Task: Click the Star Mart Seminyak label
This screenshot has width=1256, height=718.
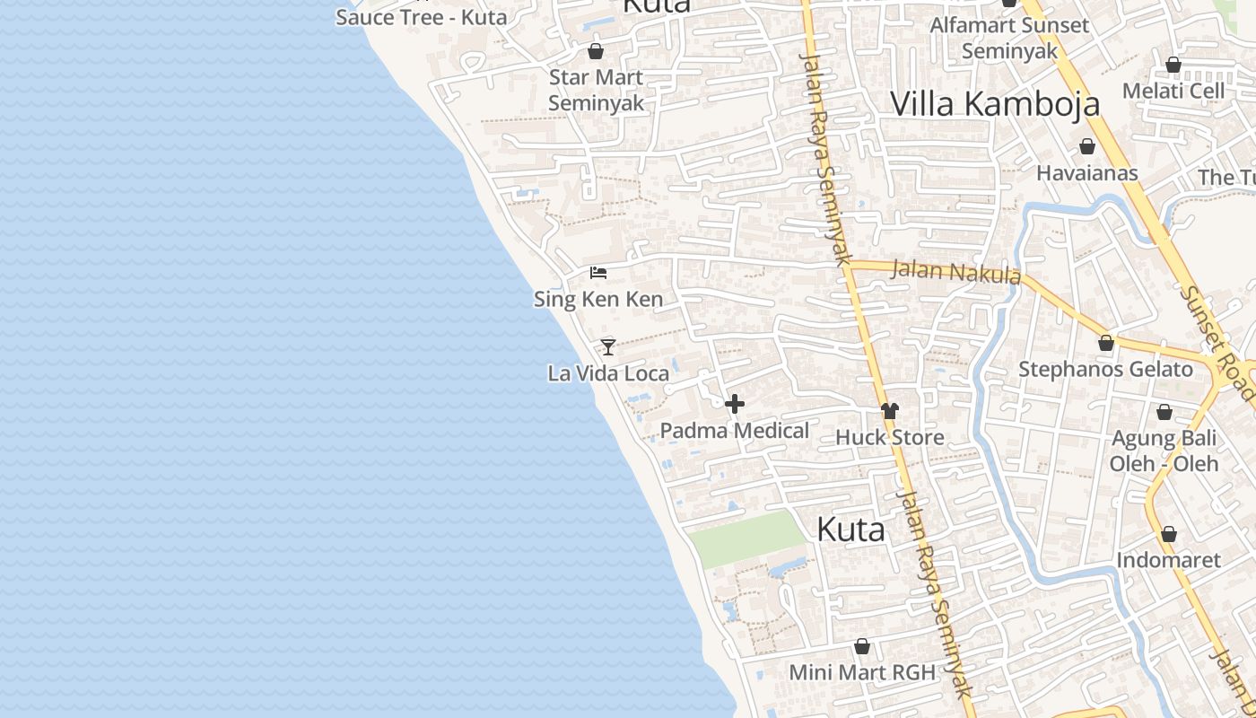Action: [596, 90]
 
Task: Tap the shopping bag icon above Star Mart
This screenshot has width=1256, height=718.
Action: [595, 51]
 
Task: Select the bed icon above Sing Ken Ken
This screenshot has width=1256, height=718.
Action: [598, 272]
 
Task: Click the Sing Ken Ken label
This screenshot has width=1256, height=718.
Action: [598, 299]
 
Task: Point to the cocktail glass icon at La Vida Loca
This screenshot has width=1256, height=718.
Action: [608, 346]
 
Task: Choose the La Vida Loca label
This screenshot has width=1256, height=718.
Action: [608, 373]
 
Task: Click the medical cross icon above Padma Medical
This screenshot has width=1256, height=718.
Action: [735, 404]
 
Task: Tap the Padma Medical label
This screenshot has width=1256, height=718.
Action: [735, 431]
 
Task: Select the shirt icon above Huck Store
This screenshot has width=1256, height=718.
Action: [889, 411]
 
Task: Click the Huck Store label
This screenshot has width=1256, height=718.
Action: [889, 437]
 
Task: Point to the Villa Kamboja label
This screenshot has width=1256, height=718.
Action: [995, 104]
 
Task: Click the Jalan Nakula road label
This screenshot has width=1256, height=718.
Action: [957, 271]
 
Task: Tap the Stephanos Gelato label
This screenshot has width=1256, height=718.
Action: [1105, 369]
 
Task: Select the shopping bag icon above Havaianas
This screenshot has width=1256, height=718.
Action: [1087, 146]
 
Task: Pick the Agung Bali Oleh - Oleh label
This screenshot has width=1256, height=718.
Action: [1164, 451]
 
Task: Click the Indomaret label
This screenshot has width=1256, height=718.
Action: [1168, 560]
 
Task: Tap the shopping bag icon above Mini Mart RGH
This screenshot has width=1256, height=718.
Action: [862, 646]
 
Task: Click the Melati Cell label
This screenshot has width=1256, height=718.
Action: [1173, 91]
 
